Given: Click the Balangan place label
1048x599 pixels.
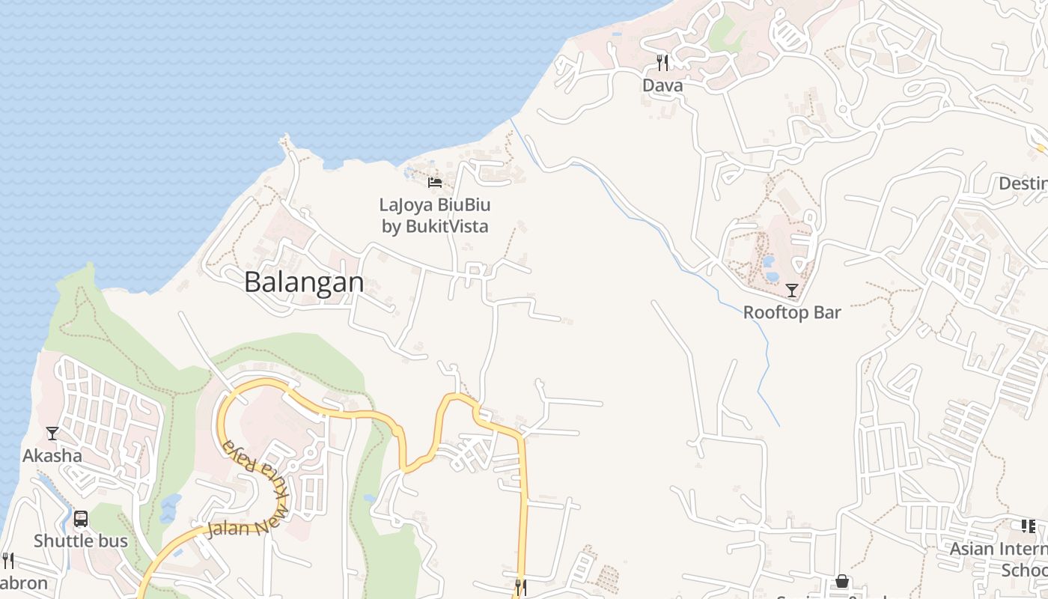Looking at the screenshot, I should pyautogui.click(x=304, y=282).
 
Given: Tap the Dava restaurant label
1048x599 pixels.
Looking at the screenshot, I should pyautogui.click(x=662, y=85).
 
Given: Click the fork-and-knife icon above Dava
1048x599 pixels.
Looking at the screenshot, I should pyautogui.click(x=662, y=62).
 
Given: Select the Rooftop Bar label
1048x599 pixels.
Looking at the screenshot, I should pyautogui.click(x=792, y=312).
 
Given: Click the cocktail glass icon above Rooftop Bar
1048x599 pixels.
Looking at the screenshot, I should pyautogui.click(x=792, y=290).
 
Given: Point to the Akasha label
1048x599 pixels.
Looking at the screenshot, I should pyautogui.click(x=52, y=455).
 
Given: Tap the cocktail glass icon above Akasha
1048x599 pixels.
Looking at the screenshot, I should pyautogui.click(x=52, y=434).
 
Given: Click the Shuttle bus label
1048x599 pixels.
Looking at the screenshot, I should pyautogui.click(x=81, y=541).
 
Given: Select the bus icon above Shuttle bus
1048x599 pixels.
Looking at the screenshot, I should pyautogui.click(x=81, y=518).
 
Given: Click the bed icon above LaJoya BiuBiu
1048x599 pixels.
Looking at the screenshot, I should pyautogui.click(x=435, y=182).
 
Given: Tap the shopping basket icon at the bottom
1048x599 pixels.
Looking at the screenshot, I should pyautogui.click(x=842, y=581).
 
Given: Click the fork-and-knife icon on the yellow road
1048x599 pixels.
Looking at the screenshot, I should pyautogui.click(x=520, y=587).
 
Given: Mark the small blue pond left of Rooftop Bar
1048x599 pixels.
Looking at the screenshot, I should pyautogui.click(x=769, y=262).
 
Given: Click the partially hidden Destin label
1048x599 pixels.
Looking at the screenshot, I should pyautogui.click(x=1023, y=183).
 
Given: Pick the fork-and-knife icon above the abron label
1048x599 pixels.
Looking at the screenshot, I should pyautogui.click(x=7, y=560).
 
